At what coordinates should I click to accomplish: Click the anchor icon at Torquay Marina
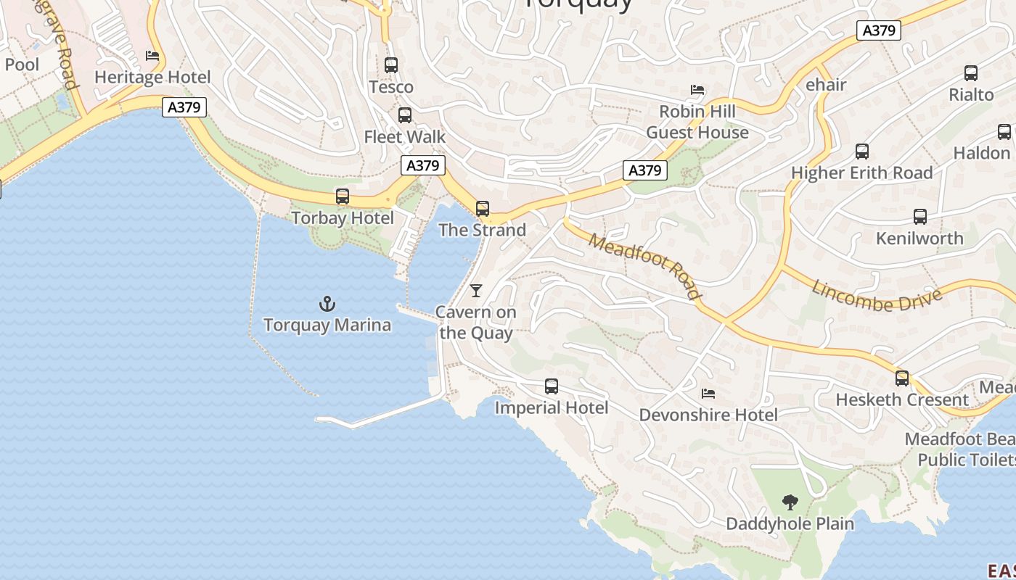coord(327,304)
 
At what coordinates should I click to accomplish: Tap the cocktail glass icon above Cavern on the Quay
coord(476,291)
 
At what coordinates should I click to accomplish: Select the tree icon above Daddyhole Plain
coord(790,502)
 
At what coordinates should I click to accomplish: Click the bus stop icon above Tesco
coord(391,65)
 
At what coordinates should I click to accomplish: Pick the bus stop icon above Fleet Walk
coord(405,115)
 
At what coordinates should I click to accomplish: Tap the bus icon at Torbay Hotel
coord(343,196)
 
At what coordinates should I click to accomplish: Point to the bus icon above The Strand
coord(483,209)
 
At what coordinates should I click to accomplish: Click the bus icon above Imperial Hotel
coord(552,386)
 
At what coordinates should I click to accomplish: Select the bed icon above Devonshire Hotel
coord(708,394)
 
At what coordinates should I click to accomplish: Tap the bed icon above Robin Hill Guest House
coord(697,91)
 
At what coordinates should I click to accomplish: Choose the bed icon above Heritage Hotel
coord(152,56)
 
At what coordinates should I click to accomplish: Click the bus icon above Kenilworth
coord(920,217)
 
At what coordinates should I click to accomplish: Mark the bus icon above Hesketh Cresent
coord(902,378)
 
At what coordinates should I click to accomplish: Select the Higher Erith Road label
coord(861,173)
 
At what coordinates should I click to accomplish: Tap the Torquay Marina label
coord(327,325)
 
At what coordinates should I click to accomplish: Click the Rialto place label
coord(971,95)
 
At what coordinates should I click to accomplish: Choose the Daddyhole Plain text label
coord(790,523)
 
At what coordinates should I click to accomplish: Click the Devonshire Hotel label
coord(708,415)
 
